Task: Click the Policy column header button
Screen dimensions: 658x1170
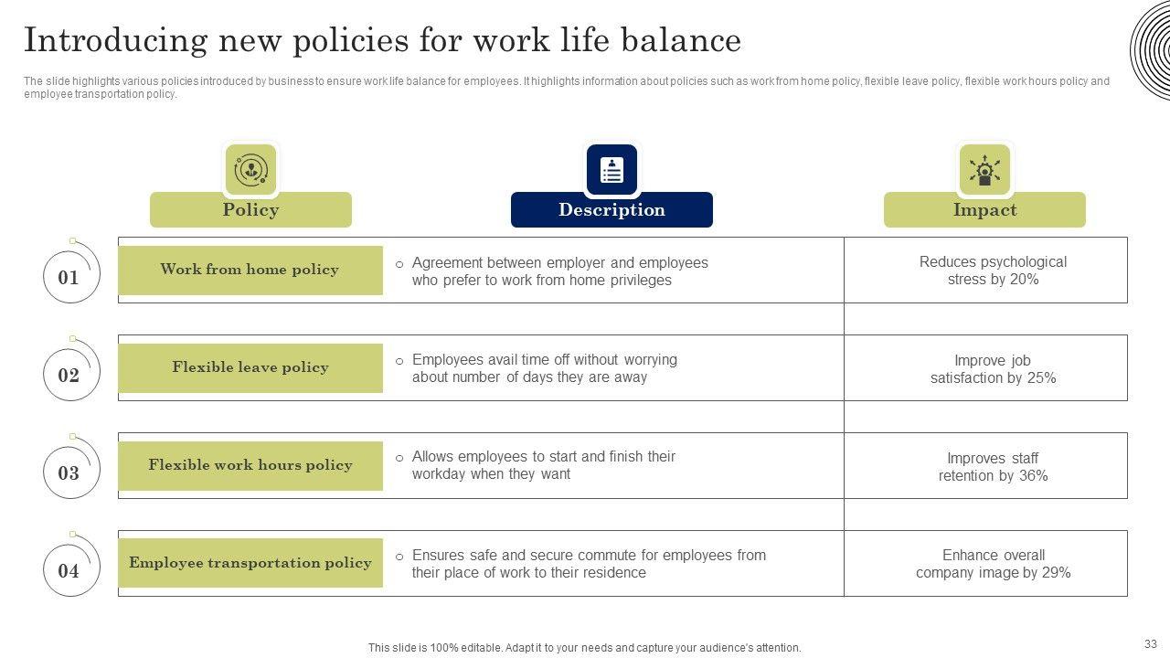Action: pos(250,209)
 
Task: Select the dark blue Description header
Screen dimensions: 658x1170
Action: pos(612,209)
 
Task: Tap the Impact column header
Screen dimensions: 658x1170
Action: pos(984,209)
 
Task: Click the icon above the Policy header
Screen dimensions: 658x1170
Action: pos(250,170)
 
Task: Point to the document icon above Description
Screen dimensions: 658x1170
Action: pos(612,170)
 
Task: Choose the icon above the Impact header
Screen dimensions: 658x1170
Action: pos(984,170)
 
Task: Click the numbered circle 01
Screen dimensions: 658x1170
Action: pos(69,278)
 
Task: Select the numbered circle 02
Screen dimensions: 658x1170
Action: pos(69,376)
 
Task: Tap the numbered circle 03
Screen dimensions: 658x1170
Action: pos(69,473)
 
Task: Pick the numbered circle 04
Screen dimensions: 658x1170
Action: pos(69,571)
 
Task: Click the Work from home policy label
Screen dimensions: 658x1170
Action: pos(250,270)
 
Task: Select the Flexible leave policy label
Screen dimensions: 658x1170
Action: pos(250,367)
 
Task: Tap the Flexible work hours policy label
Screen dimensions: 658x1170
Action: pos(250,465)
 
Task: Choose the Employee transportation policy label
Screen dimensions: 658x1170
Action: pos(250,563)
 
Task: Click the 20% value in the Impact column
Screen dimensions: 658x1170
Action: pos(1025,280)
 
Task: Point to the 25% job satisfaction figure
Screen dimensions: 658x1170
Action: pos(1042,378)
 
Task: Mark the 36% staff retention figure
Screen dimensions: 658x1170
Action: pos(1033,476)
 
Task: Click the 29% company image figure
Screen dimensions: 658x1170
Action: pos(1056,573)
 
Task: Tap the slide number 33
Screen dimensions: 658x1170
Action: pos(1150,643)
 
